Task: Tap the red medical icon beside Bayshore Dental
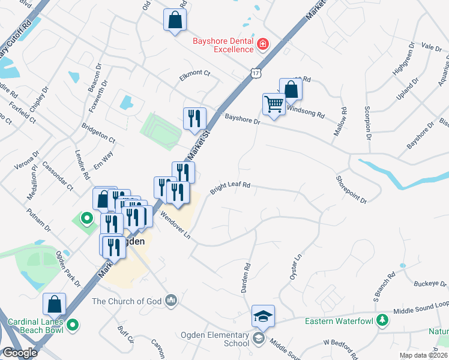262,45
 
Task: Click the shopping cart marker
274,104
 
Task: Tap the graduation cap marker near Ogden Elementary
263,316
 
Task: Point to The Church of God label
128,301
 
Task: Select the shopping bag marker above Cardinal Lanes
55,304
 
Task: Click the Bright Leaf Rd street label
229,189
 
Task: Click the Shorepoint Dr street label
351,188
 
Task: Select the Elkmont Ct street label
195,74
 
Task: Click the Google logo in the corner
20,353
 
